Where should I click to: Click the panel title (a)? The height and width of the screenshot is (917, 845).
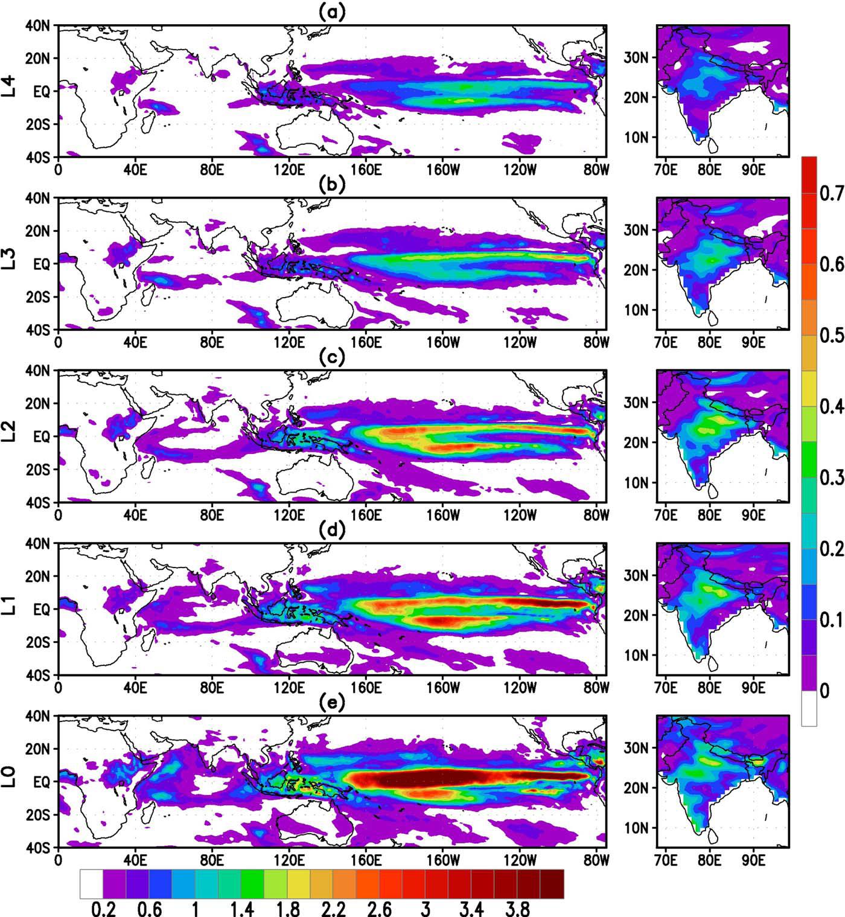pos(332,12)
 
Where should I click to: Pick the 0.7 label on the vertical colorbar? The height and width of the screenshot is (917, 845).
pos(832,193)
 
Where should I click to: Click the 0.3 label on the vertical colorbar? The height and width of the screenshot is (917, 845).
pos(832,478)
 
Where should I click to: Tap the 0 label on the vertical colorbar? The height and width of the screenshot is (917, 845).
pos(825,691)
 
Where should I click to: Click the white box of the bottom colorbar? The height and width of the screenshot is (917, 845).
pos(92,884)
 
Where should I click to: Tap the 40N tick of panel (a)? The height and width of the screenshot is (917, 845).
pos(37,25)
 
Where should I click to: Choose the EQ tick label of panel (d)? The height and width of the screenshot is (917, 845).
pos(42,610)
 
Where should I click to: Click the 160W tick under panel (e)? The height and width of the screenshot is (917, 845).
pos(443,860)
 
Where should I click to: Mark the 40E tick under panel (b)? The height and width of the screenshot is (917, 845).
pos(135,342)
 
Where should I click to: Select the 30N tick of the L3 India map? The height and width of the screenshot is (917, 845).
pos(636,230)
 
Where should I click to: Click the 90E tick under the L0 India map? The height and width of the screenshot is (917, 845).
pos(753,860)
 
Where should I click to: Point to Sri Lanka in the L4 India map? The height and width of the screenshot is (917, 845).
pos(712,146)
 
